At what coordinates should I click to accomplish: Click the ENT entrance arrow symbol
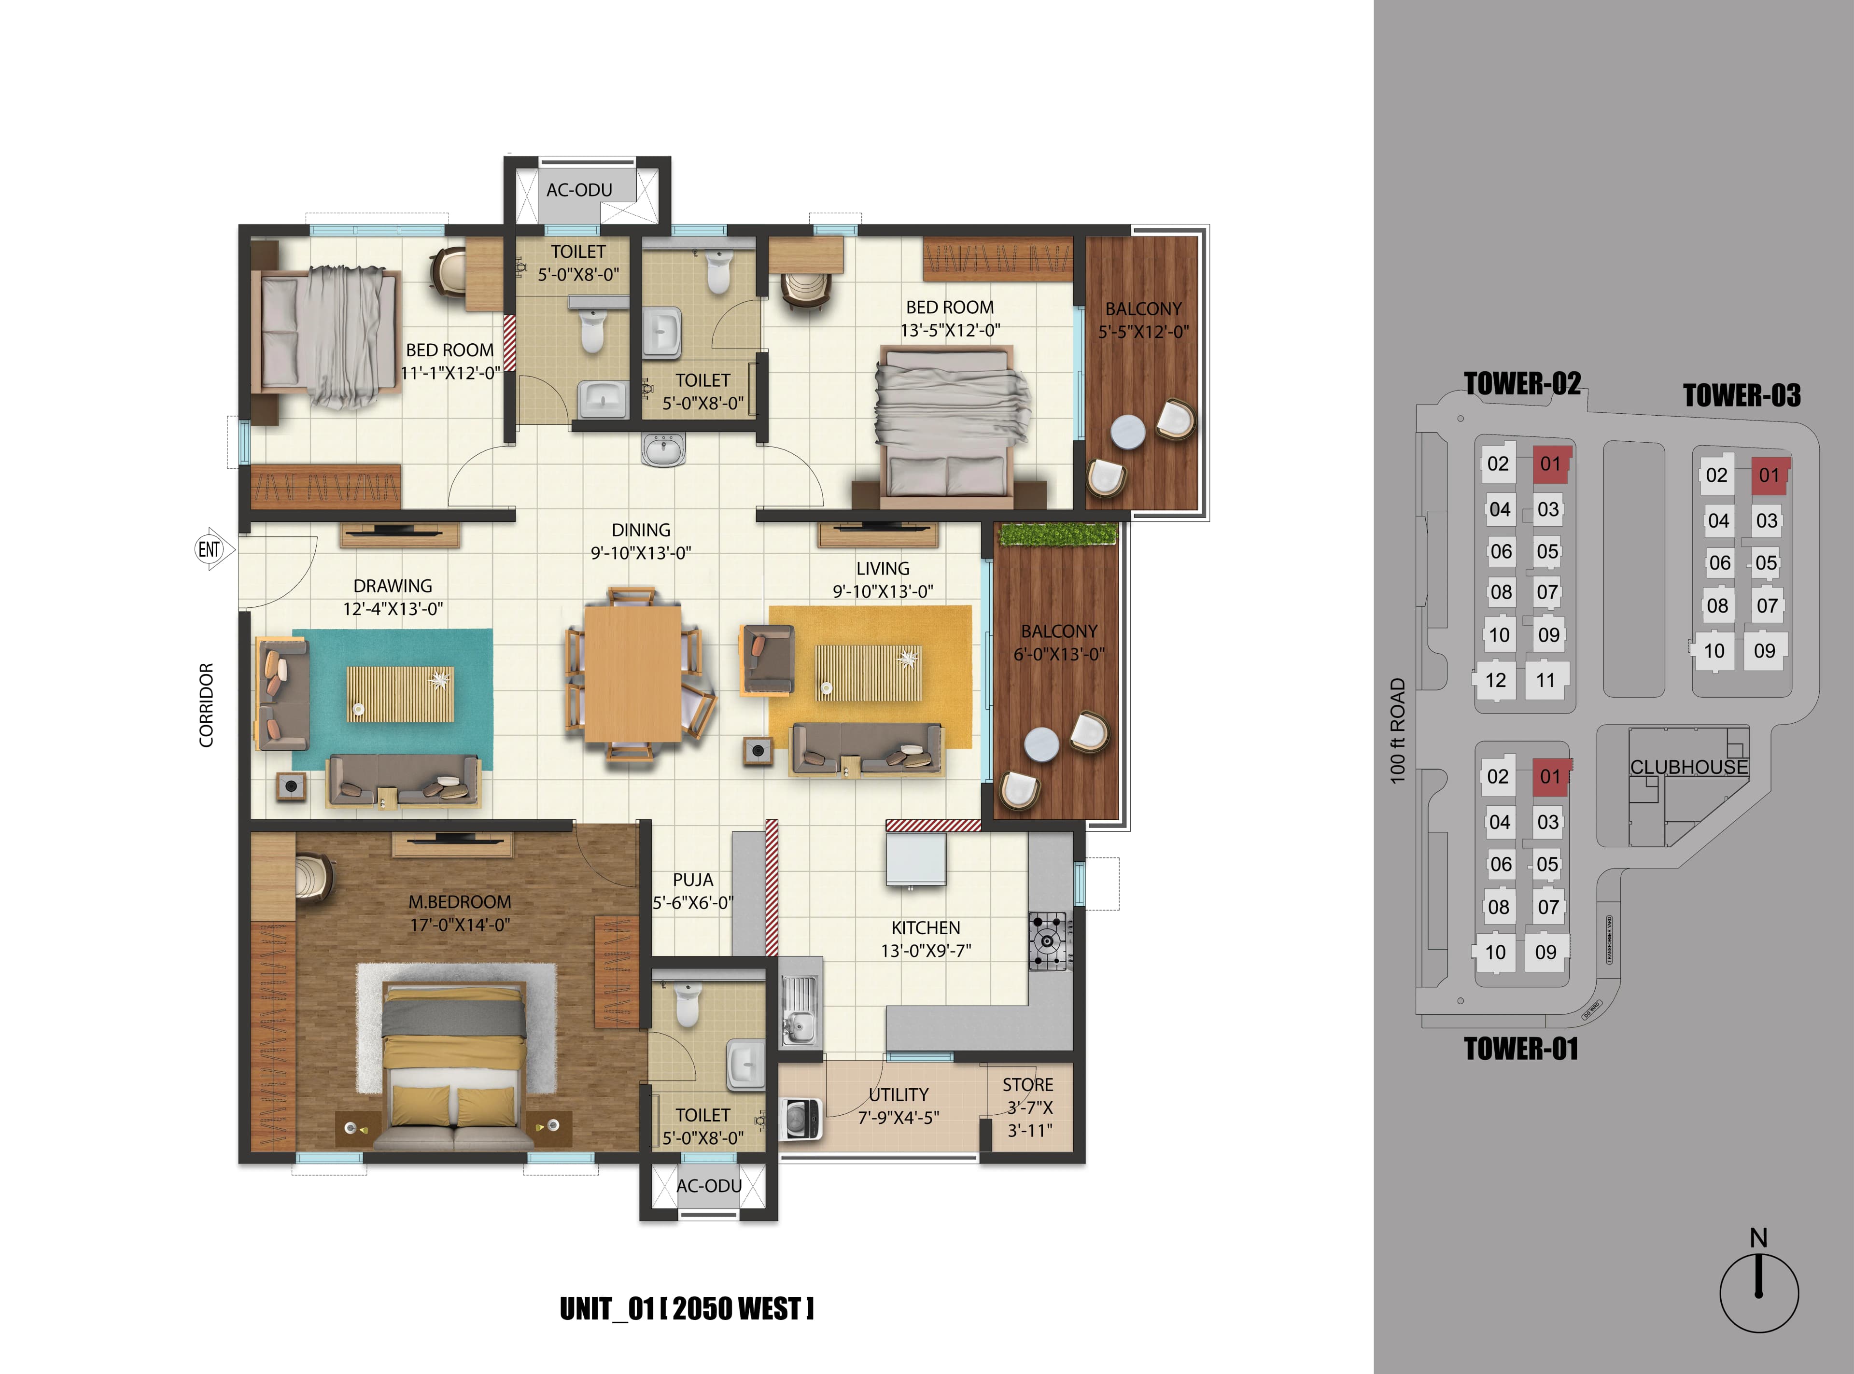211,549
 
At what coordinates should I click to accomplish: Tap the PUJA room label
692,880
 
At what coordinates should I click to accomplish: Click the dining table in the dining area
632,673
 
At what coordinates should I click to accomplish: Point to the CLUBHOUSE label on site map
1688,767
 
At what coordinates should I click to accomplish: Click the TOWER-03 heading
1741,395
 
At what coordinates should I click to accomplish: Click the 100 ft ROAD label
1397,730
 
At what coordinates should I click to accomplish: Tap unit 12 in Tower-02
1495,680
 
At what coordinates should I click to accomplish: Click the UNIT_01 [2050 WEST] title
686,1308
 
